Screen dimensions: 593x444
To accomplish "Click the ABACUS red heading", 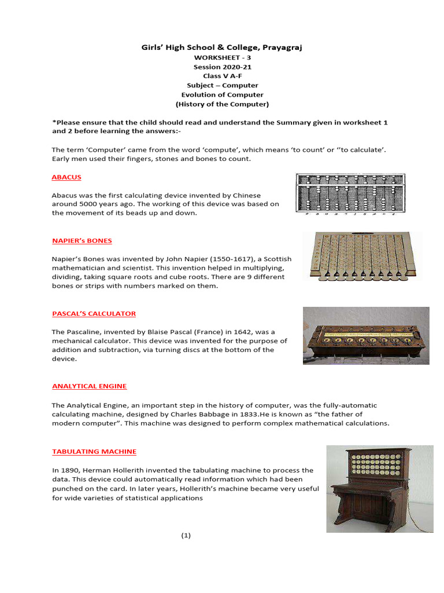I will [x=66, y=177].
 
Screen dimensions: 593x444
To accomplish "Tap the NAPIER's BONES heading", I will [x=82, y=240].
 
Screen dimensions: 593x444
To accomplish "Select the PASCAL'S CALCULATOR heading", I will [x=94, y=314].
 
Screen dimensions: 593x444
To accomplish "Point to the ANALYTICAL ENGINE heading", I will [x=89, y=386].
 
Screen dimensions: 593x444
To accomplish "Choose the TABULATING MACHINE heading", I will [x=94, y=452].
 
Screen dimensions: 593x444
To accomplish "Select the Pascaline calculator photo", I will [x=366, y=335].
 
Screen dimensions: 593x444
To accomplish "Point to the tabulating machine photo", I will [x=379, y=488].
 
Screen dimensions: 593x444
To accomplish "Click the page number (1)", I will [x=186, y=536].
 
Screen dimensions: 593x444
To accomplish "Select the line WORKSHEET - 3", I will [x=222, y=58].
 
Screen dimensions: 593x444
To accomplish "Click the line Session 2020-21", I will [x=222, y=67].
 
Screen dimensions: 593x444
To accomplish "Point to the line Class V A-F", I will [x=222, y=76].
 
